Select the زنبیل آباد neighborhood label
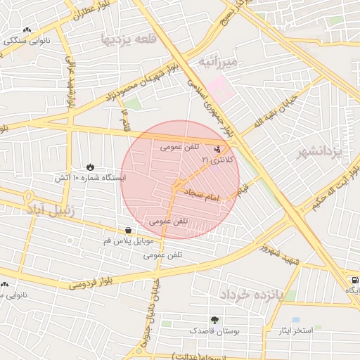click(55, 210)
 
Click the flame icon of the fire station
click(90, 167)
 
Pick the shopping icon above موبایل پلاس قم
click(127, 230)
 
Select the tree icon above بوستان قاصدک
click(214, 319)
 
